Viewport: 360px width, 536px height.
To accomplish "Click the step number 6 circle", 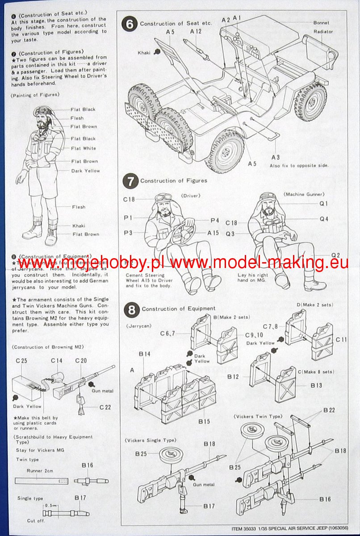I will pos(130,24).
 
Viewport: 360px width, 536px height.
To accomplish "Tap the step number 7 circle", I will pos(130,181).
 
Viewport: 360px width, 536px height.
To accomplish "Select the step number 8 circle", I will pos(131,309).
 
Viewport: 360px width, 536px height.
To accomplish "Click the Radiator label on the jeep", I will pos(323,32).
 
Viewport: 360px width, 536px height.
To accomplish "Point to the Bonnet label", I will pos(321,23).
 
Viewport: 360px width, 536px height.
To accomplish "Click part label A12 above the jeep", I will pos(196,32).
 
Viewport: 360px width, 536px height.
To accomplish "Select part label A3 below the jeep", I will pos(275,157).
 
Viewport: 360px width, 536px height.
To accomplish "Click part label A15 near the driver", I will pos(213,233).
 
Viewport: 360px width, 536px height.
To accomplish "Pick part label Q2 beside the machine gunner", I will pos(335,255).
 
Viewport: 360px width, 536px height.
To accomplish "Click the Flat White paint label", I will pos(83,148).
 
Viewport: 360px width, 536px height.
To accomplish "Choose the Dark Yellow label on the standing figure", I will pos(85,171).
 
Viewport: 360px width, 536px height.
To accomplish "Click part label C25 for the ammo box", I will pos(21,360).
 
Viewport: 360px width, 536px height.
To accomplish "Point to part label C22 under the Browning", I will pos(105,407).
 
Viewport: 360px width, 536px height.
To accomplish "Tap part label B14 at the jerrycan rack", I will pos(144,354).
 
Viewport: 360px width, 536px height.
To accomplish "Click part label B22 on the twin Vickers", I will pos(329,410).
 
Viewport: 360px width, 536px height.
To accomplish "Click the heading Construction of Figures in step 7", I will pos(174,181).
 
